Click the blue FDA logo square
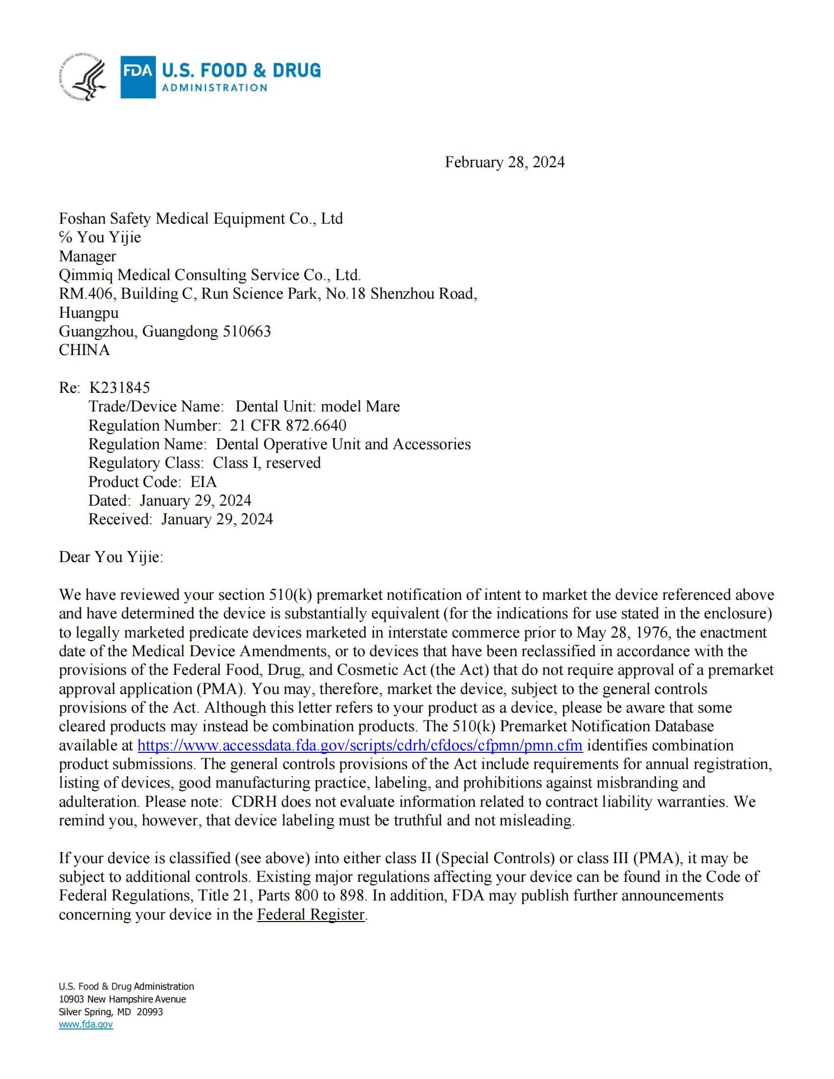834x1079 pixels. click(138, 77)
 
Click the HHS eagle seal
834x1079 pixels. click(82, 77)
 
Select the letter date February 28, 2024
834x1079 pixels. click(504, 162)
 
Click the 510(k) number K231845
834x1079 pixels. click(120, 387)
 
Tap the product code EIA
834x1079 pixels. click(204, 482)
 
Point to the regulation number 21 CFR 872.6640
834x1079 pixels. click(288, 425)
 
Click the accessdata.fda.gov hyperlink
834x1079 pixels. click(360, 745)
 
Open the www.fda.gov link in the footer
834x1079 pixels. click(86, 1025)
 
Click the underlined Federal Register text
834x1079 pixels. click(311, 915)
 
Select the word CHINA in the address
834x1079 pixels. click(84, 350)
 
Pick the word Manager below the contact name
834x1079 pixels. click(87, 257)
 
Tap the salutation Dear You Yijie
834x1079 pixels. click(111, 557)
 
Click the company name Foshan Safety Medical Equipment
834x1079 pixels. click(201, 218)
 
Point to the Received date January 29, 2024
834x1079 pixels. click(217, 519)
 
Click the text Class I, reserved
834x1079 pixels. click(267, 463)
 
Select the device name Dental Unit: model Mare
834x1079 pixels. click(318, 407)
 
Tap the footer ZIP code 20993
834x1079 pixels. click(150, 1012)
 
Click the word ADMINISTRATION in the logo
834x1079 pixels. click(215, 88)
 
